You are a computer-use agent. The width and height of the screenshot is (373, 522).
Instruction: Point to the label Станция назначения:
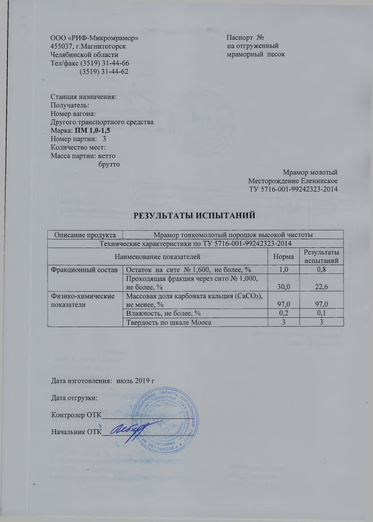[84, 96]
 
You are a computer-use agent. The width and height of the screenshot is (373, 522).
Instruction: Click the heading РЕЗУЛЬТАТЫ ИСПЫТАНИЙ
[195, 216]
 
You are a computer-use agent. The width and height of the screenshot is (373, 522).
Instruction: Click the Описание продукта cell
[84, 234]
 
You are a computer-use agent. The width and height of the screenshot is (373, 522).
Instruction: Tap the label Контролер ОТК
[76, 415]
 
